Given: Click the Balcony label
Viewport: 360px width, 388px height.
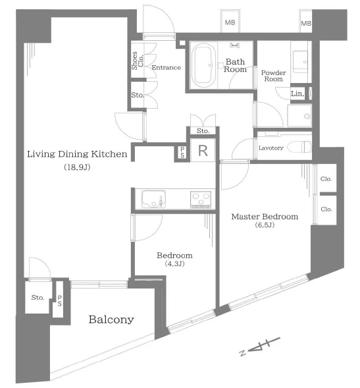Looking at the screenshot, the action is [111, 319].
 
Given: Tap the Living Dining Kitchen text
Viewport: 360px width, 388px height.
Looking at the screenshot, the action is [77, 154].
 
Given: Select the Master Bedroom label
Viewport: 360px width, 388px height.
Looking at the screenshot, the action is [265, 217].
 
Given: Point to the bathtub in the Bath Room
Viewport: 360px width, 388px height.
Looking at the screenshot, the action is [204, 65].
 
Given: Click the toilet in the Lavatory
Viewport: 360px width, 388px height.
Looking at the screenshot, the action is [299, 148].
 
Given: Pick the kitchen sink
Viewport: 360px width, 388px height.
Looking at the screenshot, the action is [154, 199].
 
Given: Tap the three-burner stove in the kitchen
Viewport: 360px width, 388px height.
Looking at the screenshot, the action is [201, 199].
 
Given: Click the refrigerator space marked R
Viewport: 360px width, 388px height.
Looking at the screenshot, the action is [203, 150].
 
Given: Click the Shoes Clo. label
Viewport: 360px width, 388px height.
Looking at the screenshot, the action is [138, 61].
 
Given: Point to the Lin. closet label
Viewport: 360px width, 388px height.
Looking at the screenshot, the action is [297, 94].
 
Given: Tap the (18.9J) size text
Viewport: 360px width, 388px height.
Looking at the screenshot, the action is [77, 167].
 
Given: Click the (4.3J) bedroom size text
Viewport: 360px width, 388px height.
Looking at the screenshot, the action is [174, 263].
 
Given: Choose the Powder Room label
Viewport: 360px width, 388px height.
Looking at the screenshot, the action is [274, 76].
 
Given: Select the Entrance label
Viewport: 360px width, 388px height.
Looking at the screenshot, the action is [166, 67].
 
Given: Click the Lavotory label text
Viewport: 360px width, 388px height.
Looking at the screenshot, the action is [271, 148].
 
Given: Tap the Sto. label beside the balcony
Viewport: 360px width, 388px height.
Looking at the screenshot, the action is [38, 297].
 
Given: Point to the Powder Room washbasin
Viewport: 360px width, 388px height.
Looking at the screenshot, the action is [300, 61].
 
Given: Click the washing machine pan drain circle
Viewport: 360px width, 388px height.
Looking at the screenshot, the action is [307, 116].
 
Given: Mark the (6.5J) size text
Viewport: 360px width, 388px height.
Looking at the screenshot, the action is [265, 225].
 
